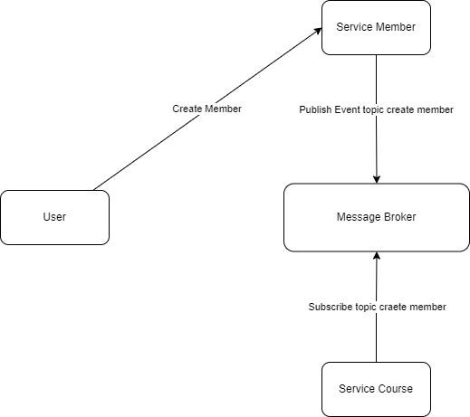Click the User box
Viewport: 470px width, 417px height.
[x=54, y=217]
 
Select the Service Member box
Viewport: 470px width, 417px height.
[x=376, y=27]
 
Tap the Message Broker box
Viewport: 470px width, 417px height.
[x=376, y=217]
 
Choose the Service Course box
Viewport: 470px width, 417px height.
[x=376, y=389]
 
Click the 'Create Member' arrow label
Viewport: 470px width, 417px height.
[x=207, y=109]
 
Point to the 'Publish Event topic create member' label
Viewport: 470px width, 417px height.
[x=376, y=109]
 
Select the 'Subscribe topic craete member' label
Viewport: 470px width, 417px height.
[x=377, y=307]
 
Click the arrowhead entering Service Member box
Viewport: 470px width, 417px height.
[x=319, y=31]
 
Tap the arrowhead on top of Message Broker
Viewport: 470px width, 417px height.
[x=376, y=178]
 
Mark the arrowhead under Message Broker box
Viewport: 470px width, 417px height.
[x=376, y=257]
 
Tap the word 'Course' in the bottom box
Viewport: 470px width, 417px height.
[x=396, y=389]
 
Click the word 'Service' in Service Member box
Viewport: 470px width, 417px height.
[x=354, y=27]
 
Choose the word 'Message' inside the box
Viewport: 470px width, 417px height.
[x=357, y=217]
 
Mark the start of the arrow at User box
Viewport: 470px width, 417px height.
[x=93, y=190]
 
